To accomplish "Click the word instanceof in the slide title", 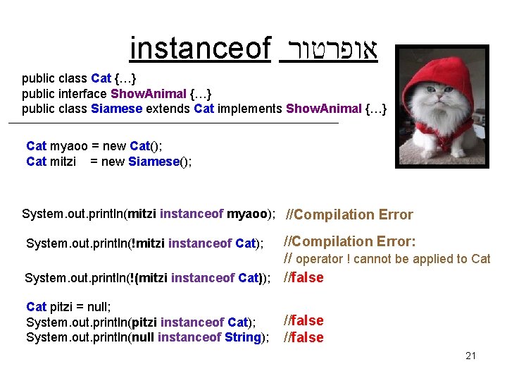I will [x=201, y=49].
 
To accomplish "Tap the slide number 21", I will [x=470, y=356].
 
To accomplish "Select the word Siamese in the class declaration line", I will [x=116, y=108].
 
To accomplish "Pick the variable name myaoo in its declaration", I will [x=69, y=146].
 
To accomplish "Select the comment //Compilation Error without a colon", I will [x=348, y=214].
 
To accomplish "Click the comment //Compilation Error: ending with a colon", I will [x=349, y=241].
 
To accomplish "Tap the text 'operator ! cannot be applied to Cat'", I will [x=393, y=259].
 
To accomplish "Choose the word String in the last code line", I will [x=243, y=337].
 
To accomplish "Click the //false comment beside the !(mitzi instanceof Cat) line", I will [x=303, y=277].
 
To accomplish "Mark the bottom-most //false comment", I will [x=303, y=337].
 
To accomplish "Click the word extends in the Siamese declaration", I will [x=168, y=108].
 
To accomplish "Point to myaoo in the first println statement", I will [x=248, y=214].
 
